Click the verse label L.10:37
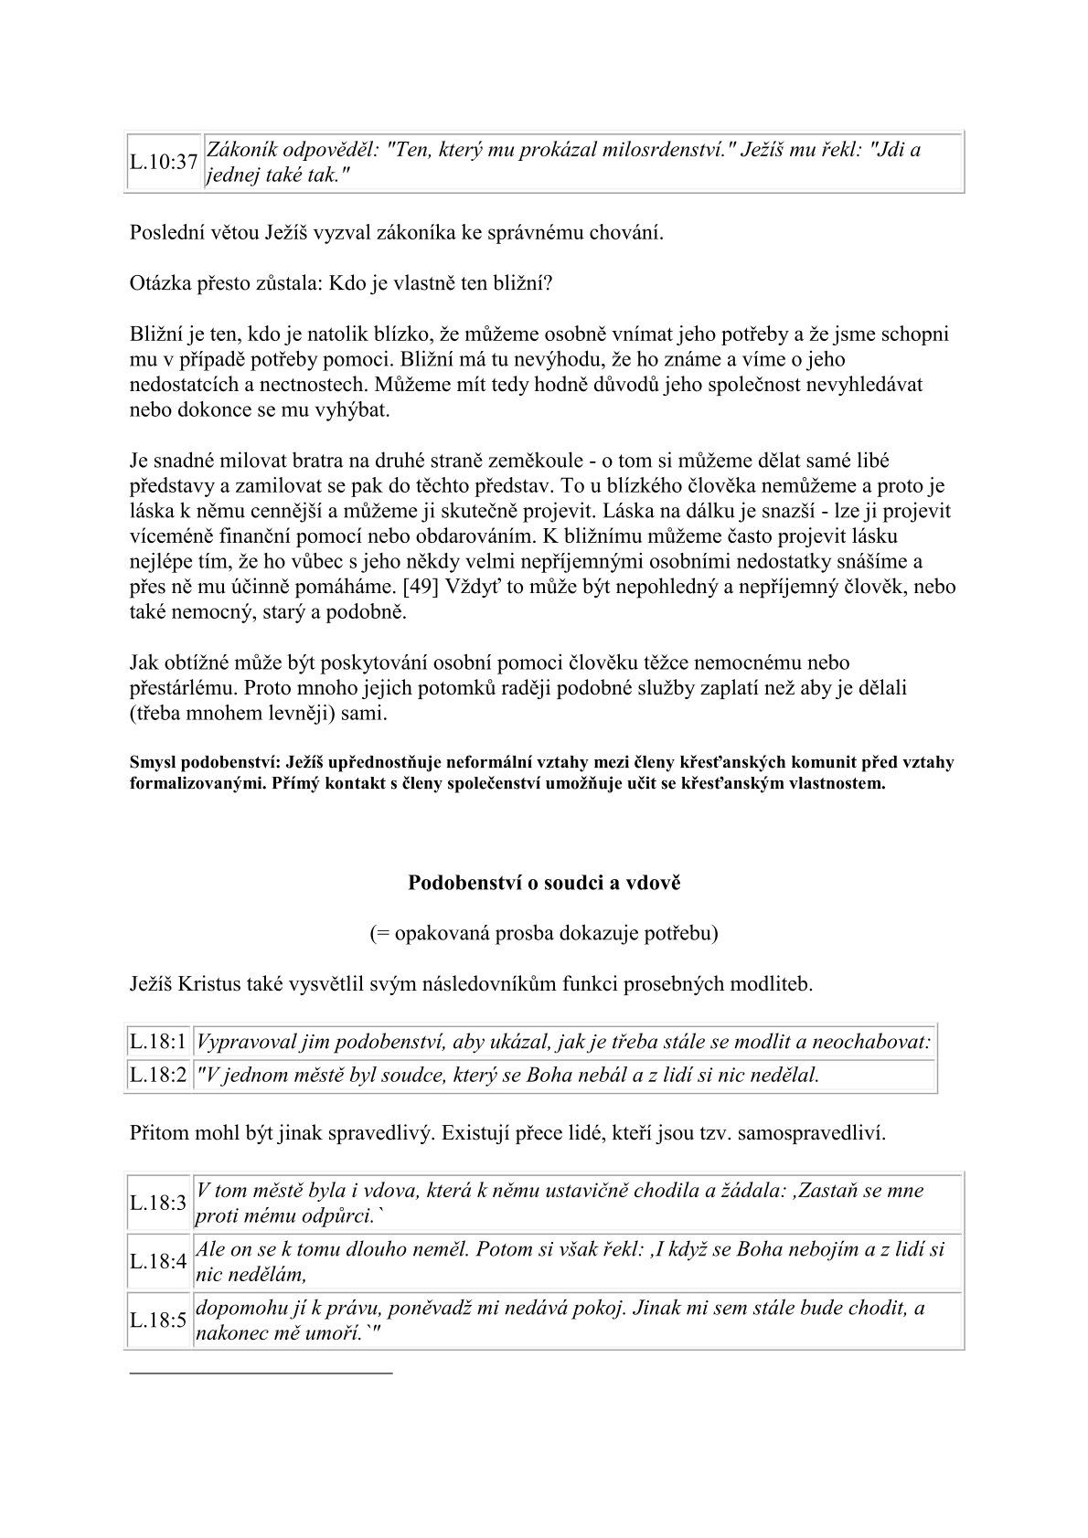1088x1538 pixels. point(164,163)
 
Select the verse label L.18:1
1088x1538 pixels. point(158,1043)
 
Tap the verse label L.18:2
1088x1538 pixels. point(158,1076)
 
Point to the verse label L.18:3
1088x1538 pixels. point(158,1203)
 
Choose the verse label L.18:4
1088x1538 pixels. point(158,1262)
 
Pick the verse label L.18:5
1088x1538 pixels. point(158,1321)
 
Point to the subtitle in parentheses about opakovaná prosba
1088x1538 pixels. point(544,933)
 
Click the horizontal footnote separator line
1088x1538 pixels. point(261,1373)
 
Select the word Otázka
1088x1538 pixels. point(161,282)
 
